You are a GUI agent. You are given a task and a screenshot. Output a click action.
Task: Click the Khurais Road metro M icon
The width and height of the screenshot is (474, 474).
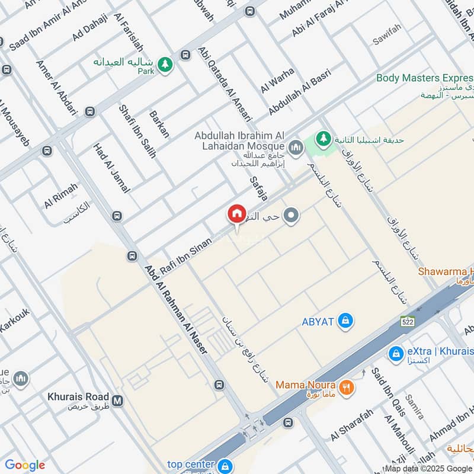[x=118, y=401]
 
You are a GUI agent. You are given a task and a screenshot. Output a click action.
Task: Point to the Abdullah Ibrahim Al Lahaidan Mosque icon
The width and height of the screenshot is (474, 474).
[x=296, y=146]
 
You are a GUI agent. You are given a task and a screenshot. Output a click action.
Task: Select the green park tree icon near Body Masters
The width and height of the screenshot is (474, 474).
[x=323, y=140]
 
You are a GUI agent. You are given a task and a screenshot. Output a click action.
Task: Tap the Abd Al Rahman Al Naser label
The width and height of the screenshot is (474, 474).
[x=177, y=309]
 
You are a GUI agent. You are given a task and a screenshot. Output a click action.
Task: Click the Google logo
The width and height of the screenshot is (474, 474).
[x=25, y=465]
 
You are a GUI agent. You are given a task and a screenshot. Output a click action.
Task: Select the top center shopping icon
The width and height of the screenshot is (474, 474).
[x=224, y=466]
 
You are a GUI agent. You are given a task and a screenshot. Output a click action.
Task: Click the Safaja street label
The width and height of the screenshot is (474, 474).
[x=259, y=187]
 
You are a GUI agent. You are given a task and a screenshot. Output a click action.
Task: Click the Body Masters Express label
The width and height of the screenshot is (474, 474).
[x=424, y=78]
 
